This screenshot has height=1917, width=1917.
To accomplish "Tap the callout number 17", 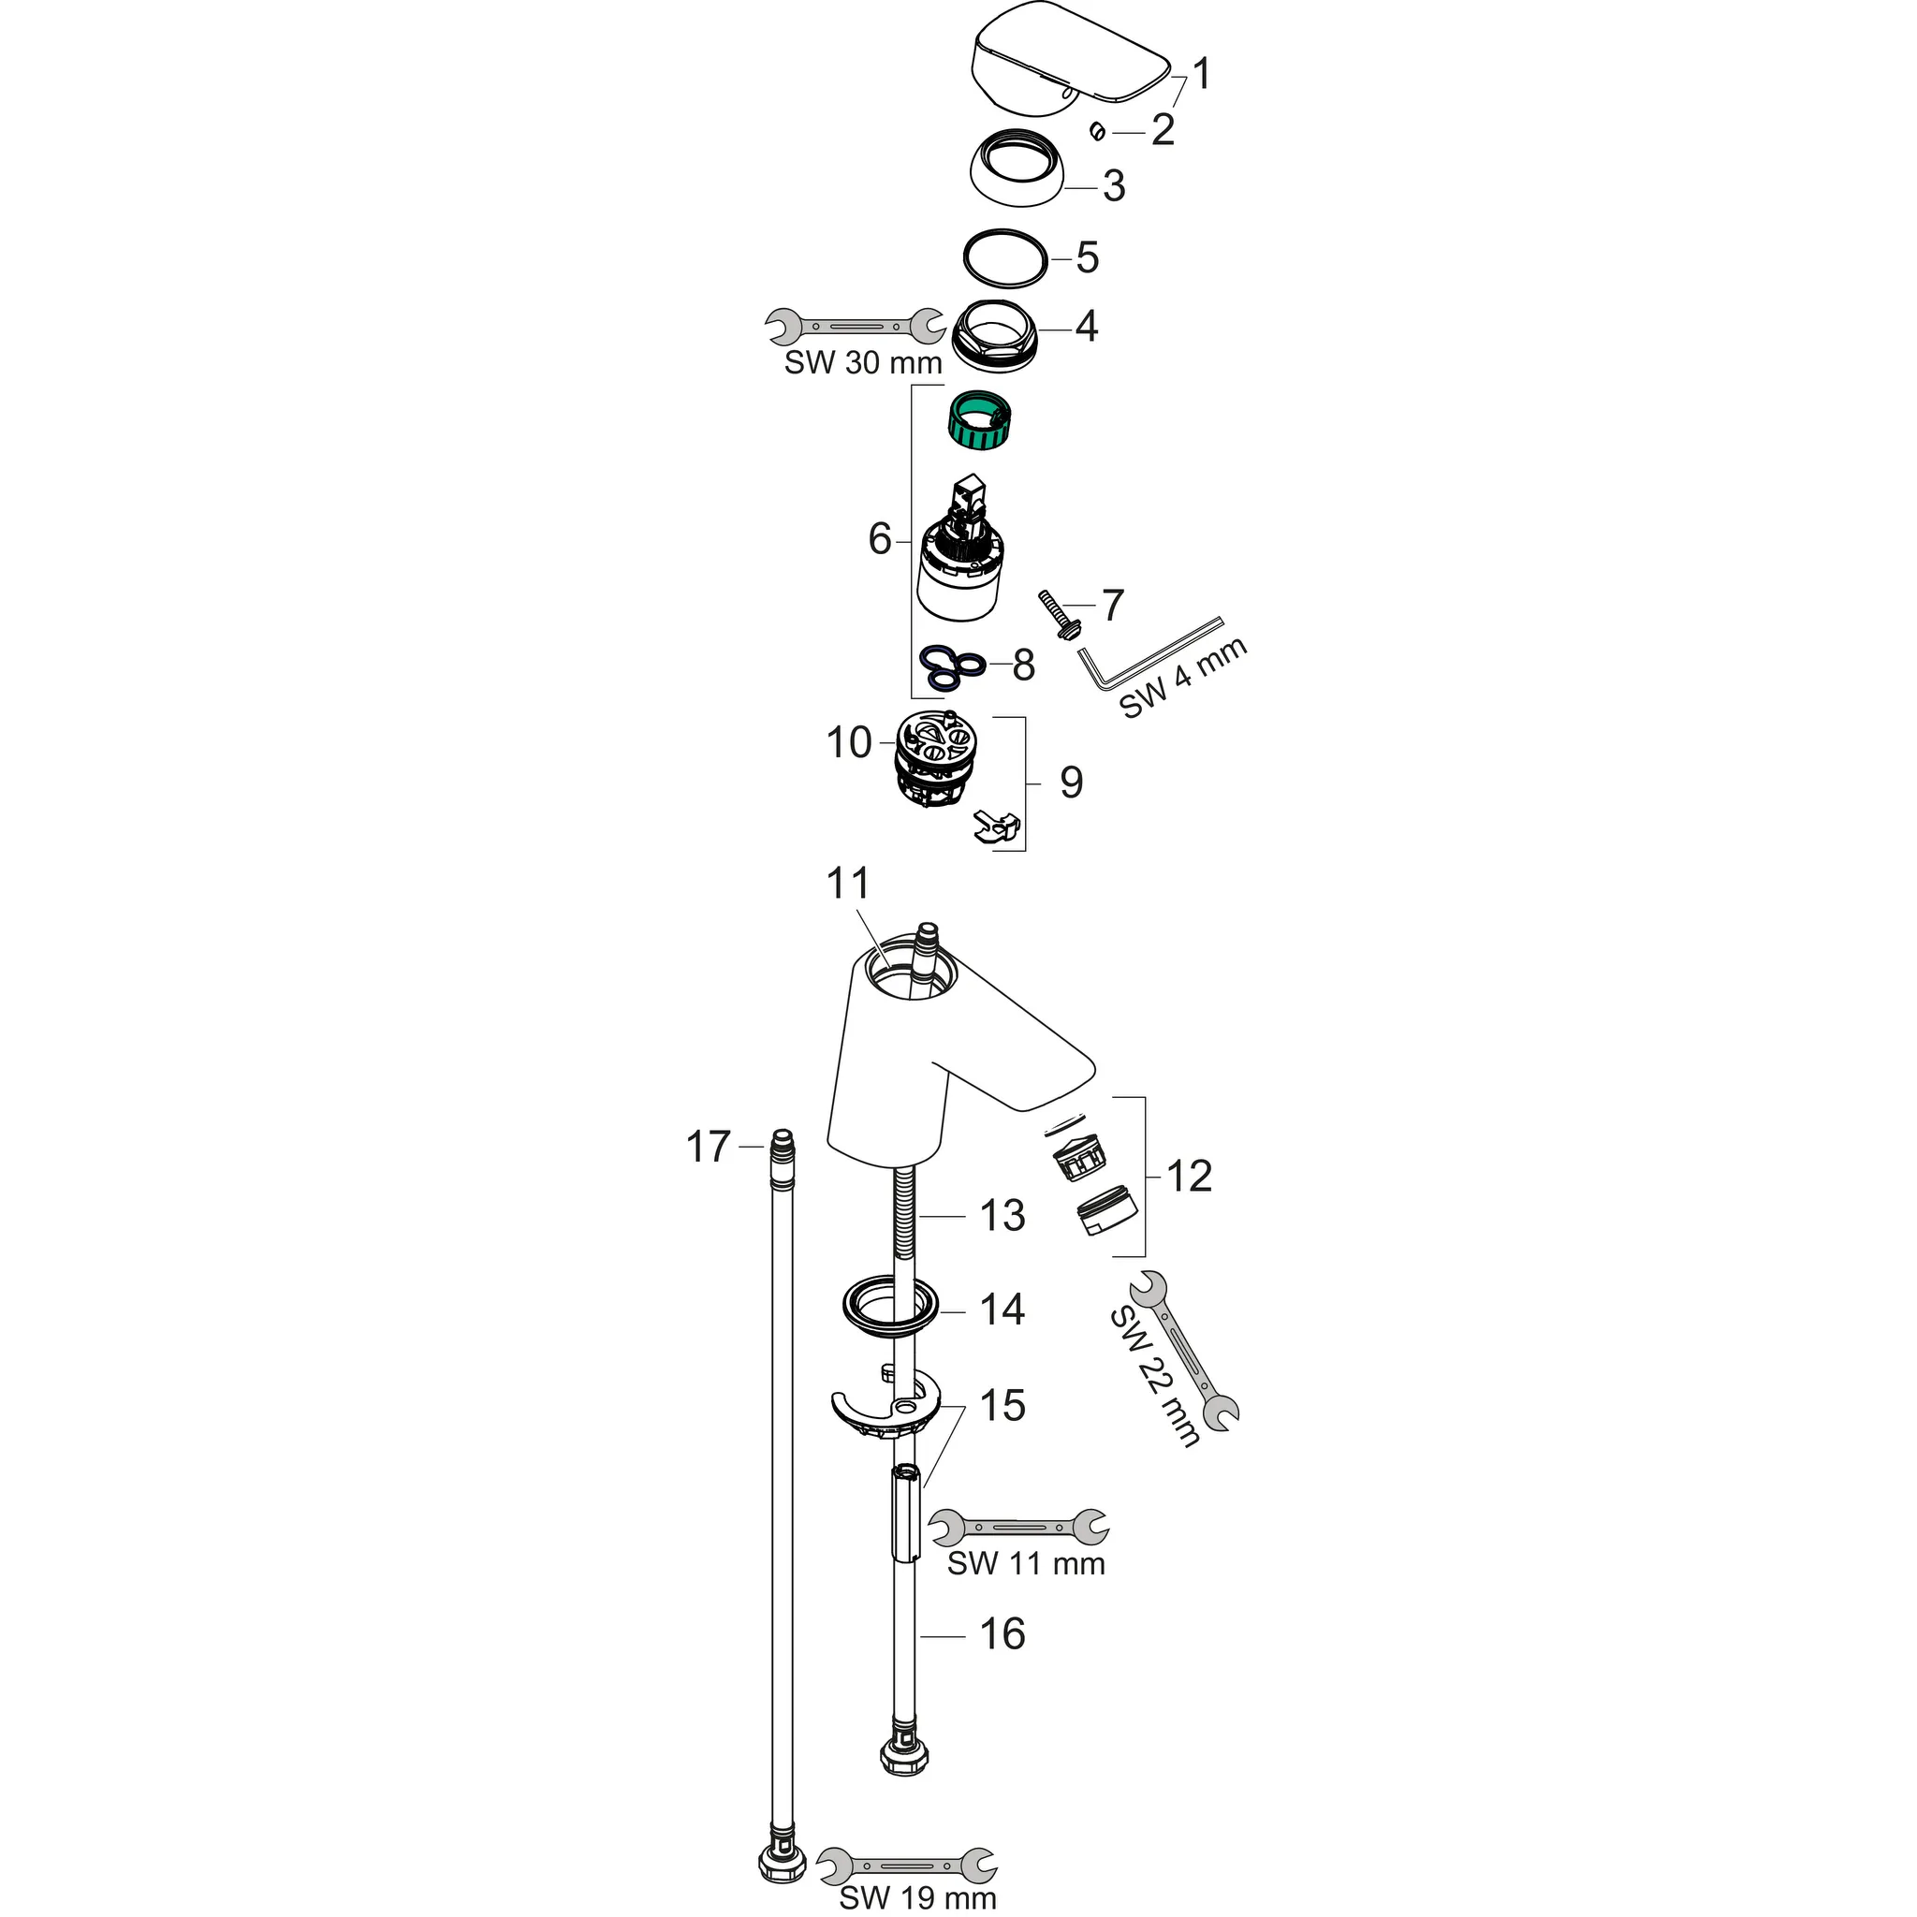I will coord(709,1147).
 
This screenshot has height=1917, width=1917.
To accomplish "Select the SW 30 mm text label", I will coord(862,363).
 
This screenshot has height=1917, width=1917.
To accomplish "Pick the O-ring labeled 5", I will coord(1005,259).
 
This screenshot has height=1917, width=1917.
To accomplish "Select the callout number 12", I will coord(1189,1177).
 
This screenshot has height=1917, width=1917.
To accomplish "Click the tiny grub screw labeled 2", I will coord(1097,130).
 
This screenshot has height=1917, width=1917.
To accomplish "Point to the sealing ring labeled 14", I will coord(890,1310).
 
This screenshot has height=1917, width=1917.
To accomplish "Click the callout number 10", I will coord(848,742).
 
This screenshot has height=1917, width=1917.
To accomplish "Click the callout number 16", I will coord(1002,1634).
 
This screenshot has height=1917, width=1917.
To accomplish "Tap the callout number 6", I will coord(879,540).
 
